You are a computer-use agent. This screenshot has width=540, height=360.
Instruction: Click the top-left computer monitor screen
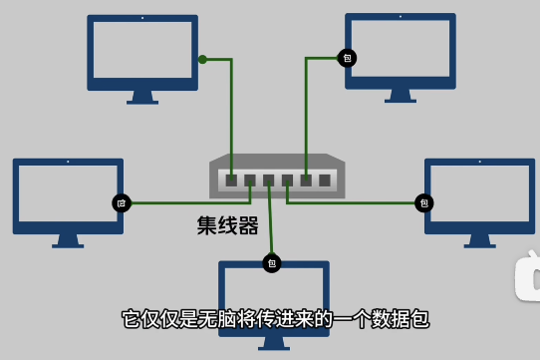tap(141, 53)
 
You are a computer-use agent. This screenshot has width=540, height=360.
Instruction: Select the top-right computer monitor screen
tap(401, 51)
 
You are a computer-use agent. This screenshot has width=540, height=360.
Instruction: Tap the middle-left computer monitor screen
tap(68, 195)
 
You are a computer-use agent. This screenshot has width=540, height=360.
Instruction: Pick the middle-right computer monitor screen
tap(479, 195)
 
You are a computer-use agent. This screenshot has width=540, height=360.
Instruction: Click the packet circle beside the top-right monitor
tap(347, 58)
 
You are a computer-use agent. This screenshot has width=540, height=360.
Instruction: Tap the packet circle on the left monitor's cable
tap(122, 203)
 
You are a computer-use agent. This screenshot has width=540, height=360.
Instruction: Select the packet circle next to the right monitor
tap(424, 203)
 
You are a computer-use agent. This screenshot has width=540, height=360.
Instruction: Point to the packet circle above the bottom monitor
tap(272, 263)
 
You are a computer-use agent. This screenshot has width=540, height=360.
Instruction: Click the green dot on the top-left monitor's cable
tap(202, 59)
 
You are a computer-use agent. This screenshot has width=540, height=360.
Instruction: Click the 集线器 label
tap(227, 225)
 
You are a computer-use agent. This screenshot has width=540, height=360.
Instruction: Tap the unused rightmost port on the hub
tap(325, 180)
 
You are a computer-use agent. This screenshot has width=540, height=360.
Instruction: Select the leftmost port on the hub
tap(231, 180)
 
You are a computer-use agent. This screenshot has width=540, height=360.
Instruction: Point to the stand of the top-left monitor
tap(142, 98)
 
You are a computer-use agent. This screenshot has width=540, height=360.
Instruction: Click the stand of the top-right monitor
tap(401, 96)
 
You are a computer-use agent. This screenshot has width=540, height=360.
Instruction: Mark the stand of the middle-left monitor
tap(68, 240)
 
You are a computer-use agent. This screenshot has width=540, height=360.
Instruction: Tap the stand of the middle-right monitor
tap(479, 240)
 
